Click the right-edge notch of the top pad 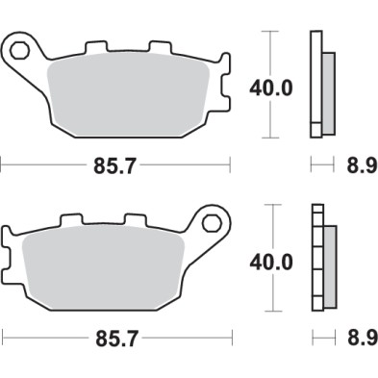(x=227, y=96)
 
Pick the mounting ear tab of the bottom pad (x=211, y=226)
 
